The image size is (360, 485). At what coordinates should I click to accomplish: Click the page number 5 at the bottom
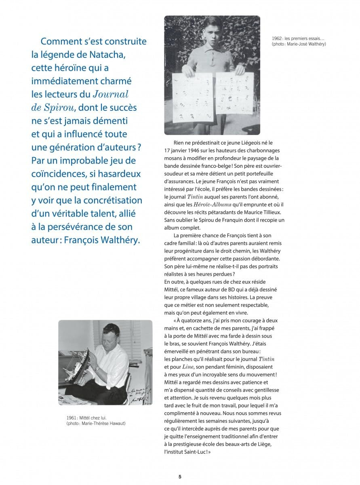[180, 477]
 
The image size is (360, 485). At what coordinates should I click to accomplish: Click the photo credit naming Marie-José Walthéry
[299, 44]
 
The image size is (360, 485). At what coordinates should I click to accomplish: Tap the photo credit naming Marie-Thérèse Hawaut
[97, 423]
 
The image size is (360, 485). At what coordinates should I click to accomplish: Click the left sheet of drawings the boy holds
[192, 97]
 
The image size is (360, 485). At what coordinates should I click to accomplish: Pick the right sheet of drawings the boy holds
[234, 93]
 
